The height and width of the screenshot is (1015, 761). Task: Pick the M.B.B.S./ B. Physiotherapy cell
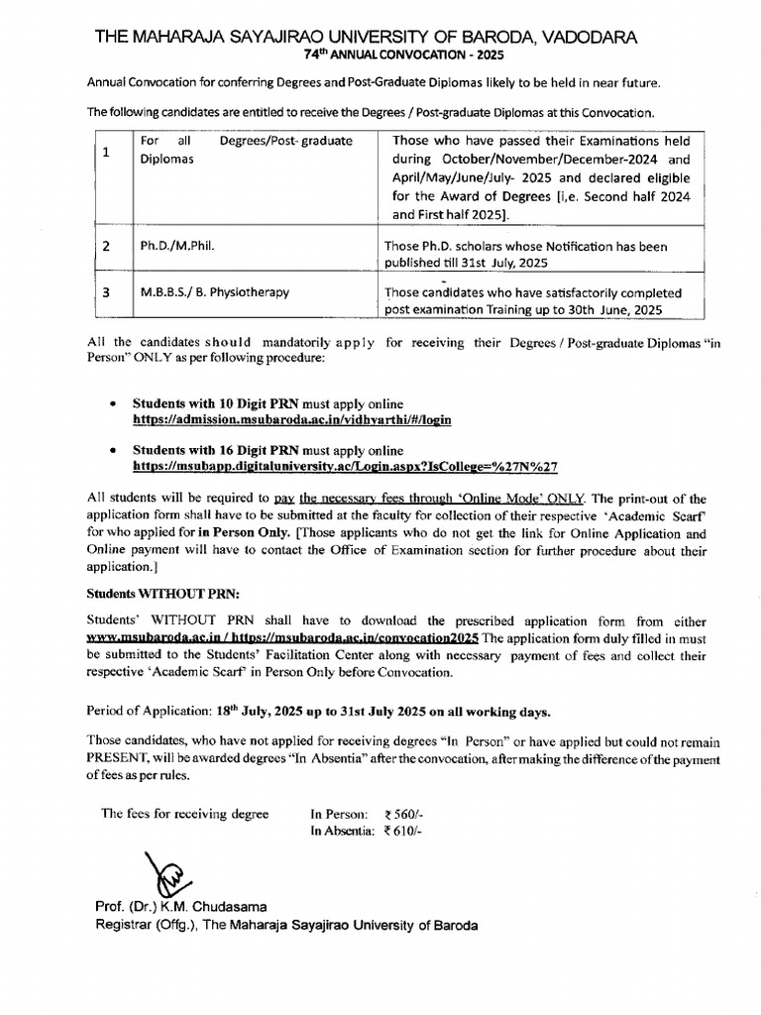pos(212,293)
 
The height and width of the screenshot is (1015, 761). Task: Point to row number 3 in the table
pos(106,293)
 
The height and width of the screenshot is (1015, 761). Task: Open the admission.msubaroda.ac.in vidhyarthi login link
pos(292,419)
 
